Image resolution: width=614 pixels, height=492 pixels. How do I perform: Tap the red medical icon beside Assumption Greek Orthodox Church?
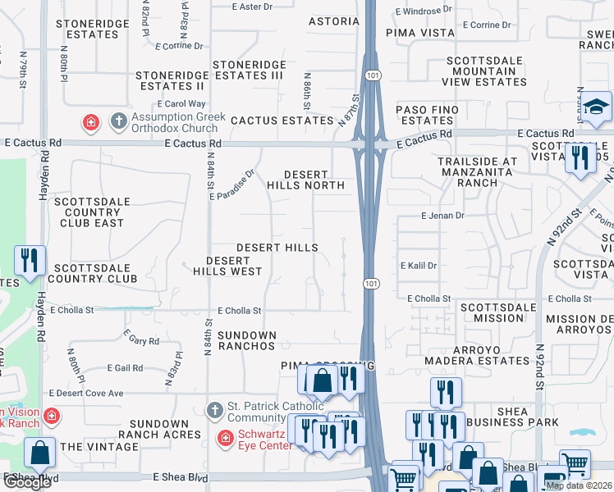pyautogui.click(x=91, y=122)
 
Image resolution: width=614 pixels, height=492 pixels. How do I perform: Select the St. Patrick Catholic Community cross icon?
pyautogui.click(x=214, y=409)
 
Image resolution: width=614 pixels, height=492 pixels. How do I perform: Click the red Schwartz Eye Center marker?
pyautogui.click(x=225, y=439)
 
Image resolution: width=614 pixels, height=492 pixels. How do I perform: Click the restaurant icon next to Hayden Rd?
pyautogui.click(x=30, y=261)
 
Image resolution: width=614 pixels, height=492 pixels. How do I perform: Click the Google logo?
pyautogui.click(x=27, y=482)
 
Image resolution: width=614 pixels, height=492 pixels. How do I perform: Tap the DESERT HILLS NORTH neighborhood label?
pyautogui.click(x=305, y=180)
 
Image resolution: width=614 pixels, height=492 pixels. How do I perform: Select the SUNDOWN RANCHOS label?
pyautogui.click(x=247, y=340)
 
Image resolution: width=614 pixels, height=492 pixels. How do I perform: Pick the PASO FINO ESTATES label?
pyautogui.click(x=428, y=115)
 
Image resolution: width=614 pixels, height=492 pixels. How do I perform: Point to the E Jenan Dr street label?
pyautogui.click(x=442, y=216)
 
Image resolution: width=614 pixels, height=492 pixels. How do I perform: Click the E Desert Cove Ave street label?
pyautogui.click(x=85, y=394)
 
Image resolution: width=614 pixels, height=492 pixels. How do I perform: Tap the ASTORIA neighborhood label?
pyautogui.click(x=334, y=21)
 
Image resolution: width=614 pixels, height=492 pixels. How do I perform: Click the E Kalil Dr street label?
pyautogui.click(x=419, y=266)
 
